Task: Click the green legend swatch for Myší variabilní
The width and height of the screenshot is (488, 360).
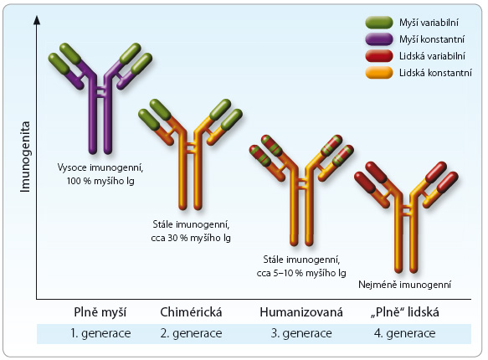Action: click(x=378, y=23)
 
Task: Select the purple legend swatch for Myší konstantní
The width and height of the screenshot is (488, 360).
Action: click(x=378, y=39)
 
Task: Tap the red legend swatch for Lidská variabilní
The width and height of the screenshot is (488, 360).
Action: click(x=378, y=56)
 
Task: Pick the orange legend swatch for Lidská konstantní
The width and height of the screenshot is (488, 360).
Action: click(x=378, y=73)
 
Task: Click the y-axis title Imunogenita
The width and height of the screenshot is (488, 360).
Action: click(x=25, y=157)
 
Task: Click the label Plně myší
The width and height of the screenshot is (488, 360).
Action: click(x=100, y=312)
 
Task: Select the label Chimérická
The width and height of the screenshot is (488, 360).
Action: click(x=191, y=312)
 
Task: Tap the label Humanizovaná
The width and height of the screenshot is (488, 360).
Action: click(x=301, y=312)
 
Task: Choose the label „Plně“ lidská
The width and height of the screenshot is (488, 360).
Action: click(x=405, y=312)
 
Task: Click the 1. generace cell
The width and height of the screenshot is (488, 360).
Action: click(x=100, y=333)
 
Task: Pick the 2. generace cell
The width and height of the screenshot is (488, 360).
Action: click(x=191, y=333)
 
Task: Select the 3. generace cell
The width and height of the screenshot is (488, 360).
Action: click(x=301, y=333)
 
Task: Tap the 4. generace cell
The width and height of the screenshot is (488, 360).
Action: click(x=405, y=333)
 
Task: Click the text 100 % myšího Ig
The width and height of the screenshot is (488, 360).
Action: click(x=100, y=181)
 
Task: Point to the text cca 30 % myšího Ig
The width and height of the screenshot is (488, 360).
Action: click(x=191, y=238)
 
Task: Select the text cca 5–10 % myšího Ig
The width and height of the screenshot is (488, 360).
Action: click(x=301, y=273)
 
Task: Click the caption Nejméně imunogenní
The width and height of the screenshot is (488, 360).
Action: click(x=404, y=285)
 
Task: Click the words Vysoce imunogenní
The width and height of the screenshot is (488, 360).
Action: click(x=100, y=167)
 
